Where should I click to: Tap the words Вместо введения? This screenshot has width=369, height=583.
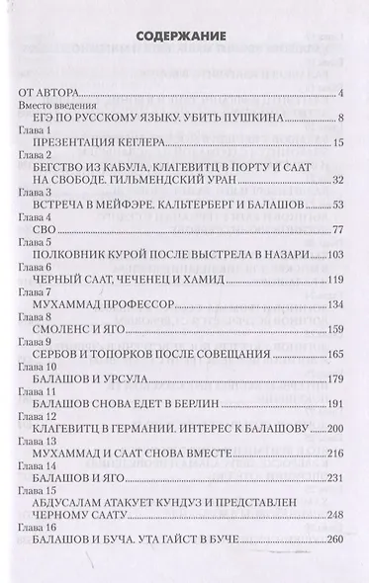point(54,106)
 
